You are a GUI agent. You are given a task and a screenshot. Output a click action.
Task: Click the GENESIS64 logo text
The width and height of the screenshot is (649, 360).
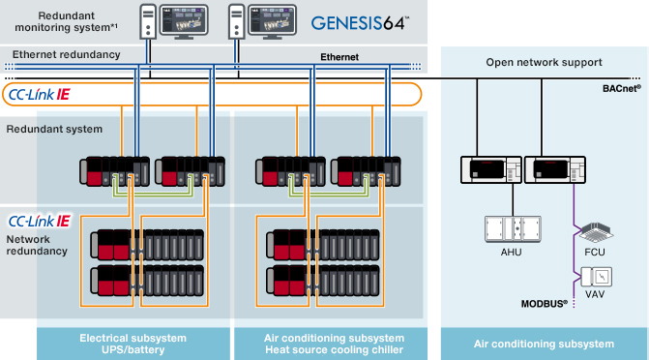[361, 21]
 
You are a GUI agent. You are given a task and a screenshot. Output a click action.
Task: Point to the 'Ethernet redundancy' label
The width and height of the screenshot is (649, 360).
[66, 54]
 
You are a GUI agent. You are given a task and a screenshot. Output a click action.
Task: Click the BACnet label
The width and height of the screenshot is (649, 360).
[623, 88]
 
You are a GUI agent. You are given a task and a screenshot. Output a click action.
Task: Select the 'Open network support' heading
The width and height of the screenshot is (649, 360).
[543, 62]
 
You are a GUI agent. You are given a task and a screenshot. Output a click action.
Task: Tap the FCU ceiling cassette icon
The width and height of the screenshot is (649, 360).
[594, 230]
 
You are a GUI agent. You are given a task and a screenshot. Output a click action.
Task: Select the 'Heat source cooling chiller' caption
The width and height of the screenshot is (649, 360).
[334, 349]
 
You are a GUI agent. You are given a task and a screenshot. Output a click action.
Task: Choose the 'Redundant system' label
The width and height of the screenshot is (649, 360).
[47, 128]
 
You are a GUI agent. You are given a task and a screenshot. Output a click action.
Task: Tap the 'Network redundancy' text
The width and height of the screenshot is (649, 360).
[38, 244]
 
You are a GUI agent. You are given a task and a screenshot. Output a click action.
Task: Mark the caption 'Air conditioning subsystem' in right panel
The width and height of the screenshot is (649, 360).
[544, 344]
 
